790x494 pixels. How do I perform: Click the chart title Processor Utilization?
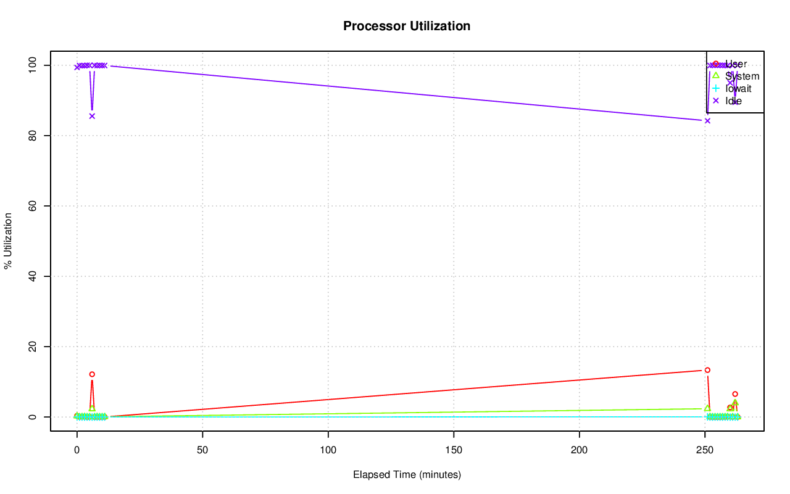[407, 26]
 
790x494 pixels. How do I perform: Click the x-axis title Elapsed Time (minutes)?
[407, 475]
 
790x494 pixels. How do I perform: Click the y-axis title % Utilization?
[9, 241]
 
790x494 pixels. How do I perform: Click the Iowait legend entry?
[738, 88]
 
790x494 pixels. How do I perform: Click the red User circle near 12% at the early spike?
[92, 374]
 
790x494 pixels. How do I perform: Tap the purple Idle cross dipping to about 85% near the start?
[92, 116]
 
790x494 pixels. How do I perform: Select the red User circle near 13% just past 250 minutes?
[707, 370]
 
